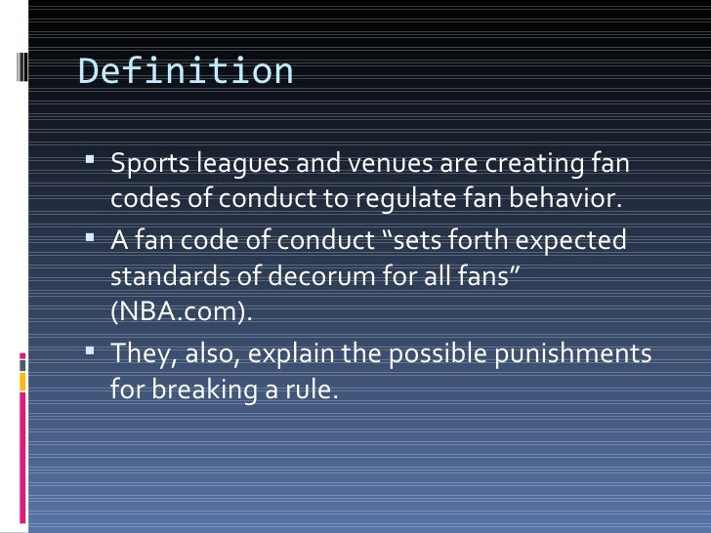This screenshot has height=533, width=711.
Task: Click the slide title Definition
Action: coord(186,71)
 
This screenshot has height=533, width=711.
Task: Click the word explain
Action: coord(287,352)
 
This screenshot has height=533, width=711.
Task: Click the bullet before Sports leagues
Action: coord(92,160)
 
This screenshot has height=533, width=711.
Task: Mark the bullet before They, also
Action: coord(92,350)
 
